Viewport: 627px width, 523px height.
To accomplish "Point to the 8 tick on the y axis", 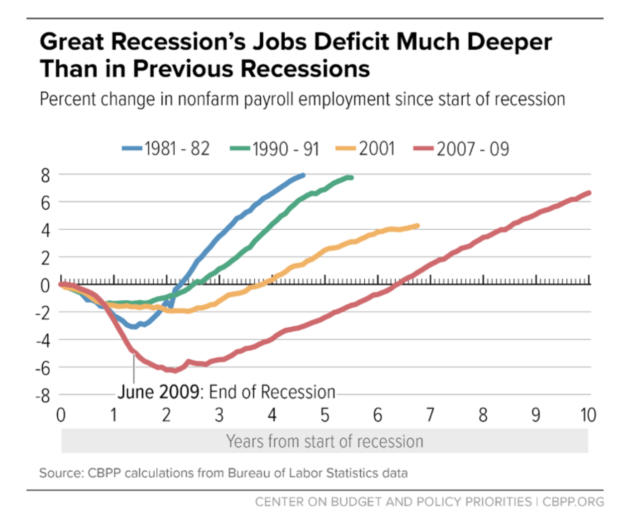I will (46, 175).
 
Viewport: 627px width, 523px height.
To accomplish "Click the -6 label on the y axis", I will (43, 369).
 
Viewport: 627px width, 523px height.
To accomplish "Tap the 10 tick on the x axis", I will (588, 415).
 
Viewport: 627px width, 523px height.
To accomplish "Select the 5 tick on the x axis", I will (325, 415).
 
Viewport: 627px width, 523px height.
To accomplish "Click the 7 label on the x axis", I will (430, 415).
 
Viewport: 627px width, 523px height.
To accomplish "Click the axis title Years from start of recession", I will (324, 441).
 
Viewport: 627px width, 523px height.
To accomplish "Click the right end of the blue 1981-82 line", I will (303, 175).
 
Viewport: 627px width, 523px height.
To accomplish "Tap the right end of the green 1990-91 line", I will (351, 177).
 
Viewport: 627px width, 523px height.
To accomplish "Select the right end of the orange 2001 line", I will (417, 226).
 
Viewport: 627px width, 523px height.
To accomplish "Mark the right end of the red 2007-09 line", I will (589, 193).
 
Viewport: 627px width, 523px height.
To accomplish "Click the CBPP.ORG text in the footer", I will (573, 502).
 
